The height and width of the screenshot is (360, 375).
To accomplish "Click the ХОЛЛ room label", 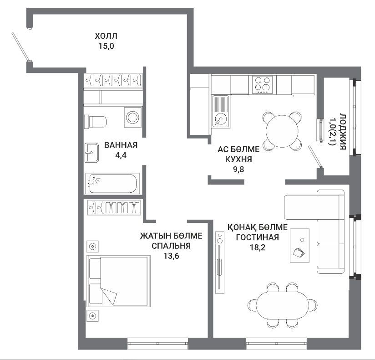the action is pyautogui.click(x=106, y=36).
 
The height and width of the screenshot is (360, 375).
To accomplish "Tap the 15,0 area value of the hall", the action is pyautogui.click(x=106, y=46).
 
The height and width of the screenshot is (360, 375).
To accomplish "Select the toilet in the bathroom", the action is pyautogui.click(x=95, y=122).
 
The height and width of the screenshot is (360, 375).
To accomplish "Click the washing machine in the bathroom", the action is pyautogui.click(x=132, y=118).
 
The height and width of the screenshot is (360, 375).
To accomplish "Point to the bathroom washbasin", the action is pyautogui.click(x=91, y=153).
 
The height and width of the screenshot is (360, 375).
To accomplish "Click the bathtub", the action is pyautogui.click(x=113, y=184).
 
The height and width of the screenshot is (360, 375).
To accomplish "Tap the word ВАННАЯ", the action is pyautogui.click(x=121, y=145).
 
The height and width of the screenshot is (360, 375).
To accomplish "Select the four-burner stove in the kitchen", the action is pyautogui.click(x=263, y=85).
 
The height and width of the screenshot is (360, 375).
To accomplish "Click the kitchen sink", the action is pyautogui.click(x=221, y=111).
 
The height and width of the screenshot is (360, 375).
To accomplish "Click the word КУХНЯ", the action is pyautogui.click(x=238, y=159).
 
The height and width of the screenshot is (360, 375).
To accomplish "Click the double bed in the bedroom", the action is pyautogui.click(x=119, y=281).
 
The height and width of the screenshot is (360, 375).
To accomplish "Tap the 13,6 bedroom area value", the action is pyautogui.click(x=171, y=256).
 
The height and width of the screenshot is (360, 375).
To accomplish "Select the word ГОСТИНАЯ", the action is pyautogui.click(x=257, y=237).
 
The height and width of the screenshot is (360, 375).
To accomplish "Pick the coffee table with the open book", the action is pyautogui.click(x=299, y=246).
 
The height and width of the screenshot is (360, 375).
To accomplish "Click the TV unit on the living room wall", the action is pyautogui.click(x=219, y=262).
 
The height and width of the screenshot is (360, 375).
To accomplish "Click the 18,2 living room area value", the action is pyautogui.click(x=258, y=247).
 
